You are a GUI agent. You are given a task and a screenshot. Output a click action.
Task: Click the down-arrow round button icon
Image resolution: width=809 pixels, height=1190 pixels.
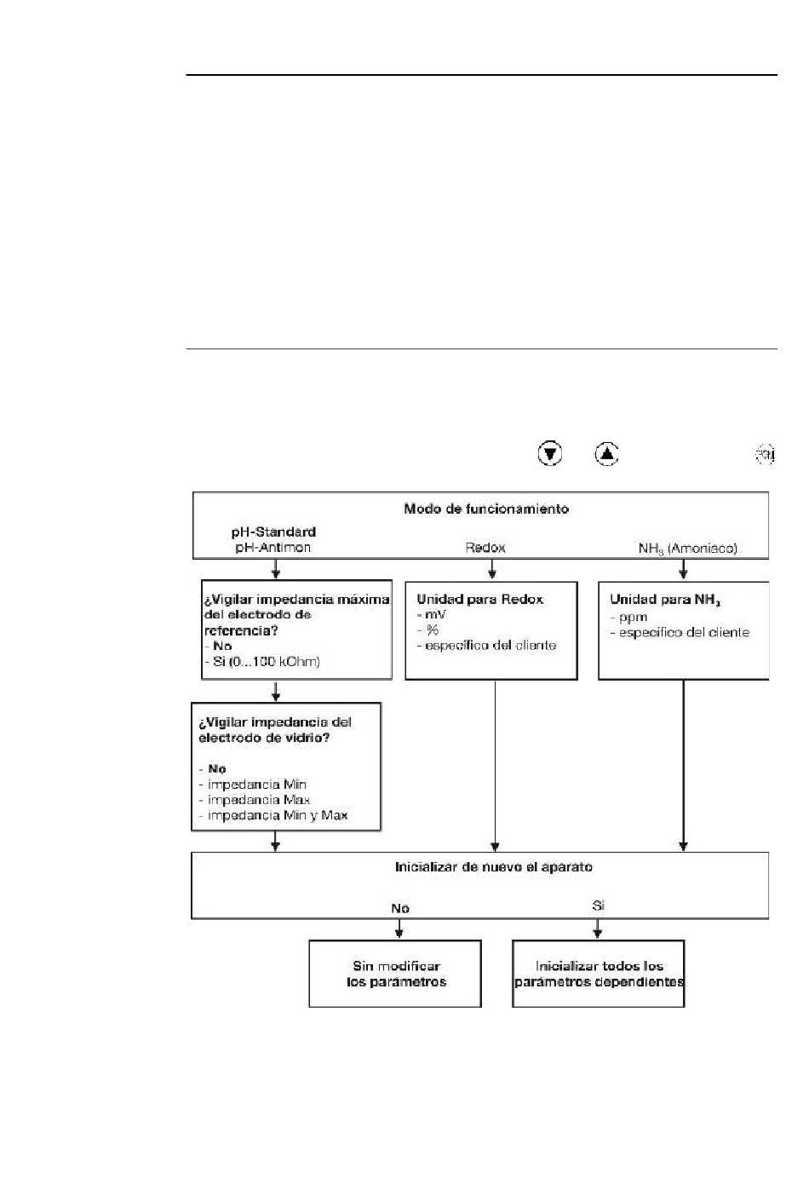pos(550,454)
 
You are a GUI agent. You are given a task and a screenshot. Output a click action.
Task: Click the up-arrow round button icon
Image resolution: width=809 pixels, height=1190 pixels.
pos(606,454)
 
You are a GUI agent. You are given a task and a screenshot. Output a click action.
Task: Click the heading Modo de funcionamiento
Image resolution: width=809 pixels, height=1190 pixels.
pos(486,509)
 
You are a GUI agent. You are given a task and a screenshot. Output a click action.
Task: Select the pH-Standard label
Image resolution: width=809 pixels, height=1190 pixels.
pos(273,532)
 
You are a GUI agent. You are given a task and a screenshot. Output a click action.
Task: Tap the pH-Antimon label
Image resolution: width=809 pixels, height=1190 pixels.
pos(273,547)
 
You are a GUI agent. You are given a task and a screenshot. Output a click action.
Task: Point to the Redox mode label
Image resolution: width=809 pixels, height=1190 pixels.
pos(485,548)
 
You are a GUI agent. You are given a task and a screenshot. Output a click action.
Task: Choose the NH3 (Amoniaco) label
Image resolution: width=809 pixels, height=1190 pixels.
pos(687,549)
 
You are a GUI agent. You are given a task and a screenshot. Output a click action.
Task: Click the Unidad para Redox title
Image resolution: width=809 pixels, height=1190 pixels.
pos(479,599)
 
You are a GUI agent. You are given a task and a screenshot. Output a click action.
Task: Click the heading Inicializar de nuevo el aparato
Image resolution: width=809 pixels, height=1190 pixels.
pos(493,866)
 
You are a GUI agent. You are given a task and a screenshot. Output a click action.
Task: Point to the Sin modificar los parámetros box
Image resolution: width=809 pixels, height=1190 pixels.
pos(395,974)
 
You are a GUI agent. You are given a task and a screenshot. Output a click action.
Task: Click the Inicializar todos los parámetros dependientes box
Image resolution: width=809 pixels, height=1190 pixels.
pos(598,974)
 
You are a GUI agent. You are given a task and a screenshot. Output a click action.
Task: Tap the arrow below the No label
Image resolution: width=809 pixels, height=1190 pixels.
pos(399,928)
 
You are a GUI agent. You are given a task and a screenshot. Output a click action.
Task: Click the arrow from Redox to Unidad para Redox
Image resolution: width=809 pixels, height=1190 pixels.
pos(492,569)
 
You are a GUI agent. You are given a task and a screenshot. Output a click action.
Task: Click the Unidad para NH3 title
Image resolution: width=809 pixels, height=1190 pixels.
pos(665,600)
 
